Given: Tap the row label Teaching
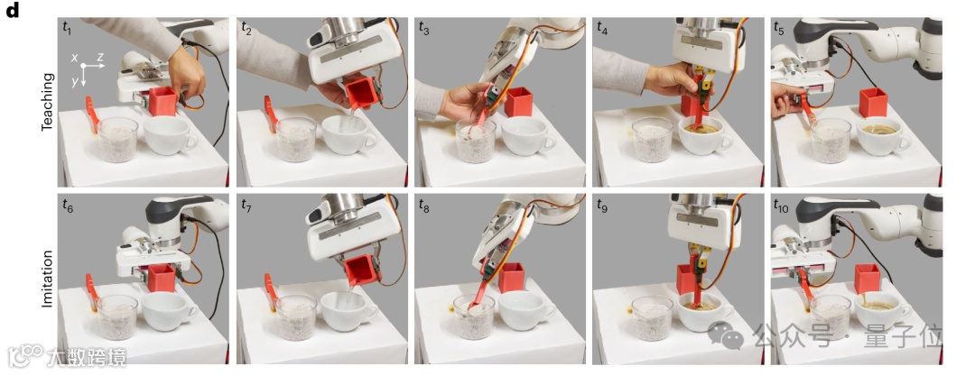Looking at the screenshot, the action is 48,102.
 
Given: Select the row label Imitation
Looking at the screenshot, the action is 48,279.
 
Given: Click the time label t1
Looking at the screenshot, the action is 67,26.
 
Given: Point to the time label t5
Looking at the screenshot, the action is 779,27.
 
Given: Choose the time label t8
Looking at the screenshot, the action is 424,204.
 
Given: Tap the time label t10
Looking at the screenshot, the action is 782,205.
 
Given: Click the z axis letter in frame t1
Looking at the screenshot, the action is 100,58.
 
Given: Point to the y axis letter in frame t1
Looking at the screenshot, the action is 74,82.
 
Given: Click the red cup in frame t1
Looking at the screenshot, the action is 162,101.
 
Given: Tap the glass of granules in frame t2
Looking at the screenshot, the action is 296,140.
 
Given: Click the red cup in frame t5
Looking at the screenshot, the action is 873,103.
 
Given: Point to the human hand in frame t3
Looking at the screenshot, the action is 464,101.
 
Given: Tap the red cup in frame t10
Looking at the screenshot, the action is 867,279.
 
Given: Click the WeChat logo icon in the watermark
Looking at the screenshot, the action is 726,336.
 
